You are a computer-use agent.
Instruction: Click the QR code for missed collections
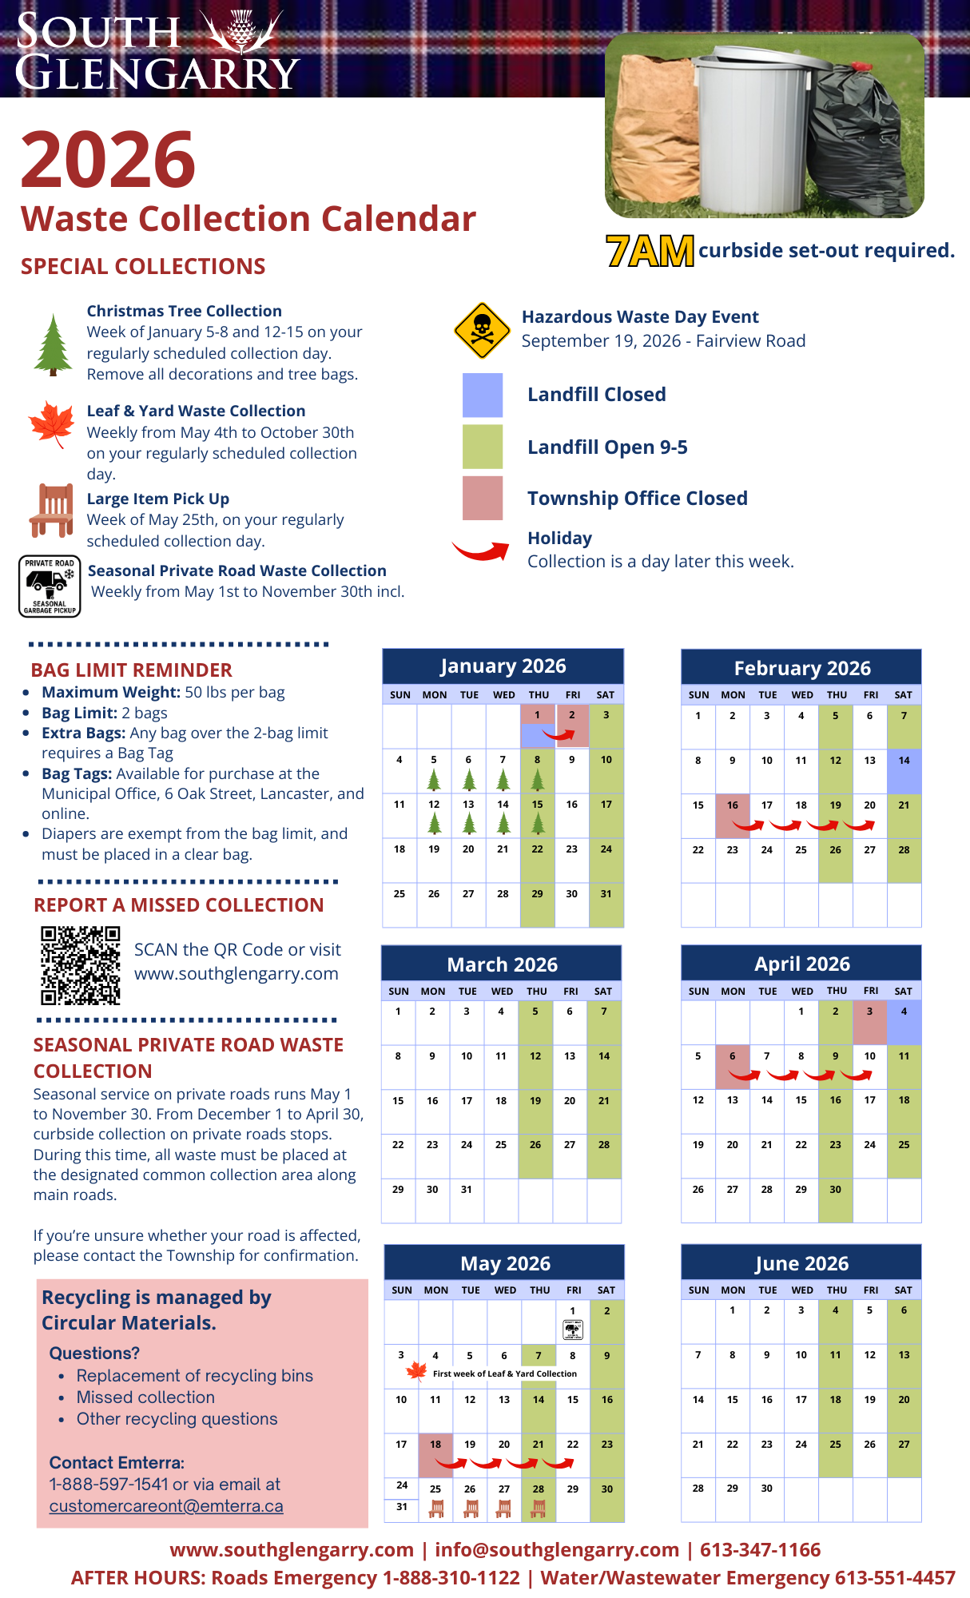(x=81, y=965)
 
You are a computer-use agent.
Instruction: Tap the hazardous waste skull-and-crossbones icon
(x=482, y=330)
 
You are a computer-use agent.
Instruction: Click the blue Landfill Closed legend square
(x=483, y=395)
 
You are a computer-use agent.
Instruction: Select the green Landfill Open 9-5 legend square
(x=483, y=447)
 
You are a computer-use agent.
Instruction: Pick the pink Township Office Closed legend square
(x=483, y=498)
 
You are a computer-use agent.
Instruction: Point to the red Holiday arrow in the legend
(x=481, y=550)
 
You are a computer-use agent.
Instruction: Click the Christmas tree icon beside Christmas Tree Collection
(x=54, y=345)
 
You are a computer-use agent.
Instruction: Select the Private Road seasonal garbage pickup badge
(x=50, y=586)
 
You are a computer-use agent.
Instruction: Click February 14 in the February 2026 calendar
(x=904, y=770)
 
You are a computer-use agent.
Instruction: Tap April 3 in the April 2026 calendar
(x=869, y=1022)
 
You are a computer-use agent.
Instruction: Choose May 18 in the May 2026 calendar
(x=435, y=1454)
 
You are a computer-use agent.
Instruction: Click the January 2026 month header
(x=503, y=666)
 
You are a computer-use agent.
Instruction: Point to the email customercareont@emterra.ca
(x=166, y=1506)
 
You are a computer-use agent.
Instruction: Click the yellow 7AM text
(x=650, y=251)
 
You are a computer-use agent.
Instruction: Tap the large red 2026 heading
(x=109, y=159)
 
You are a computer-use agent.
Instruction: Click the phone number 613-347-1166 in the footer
(x=760, y=1550)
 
